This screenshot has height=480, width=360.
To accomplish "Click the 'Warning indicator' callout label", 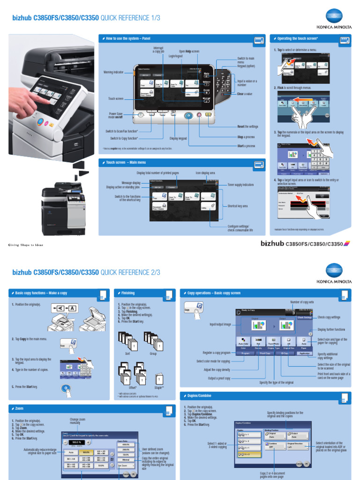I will (113, 72).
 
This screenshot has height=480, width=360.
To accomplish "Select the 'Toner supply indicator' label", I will (240, 185).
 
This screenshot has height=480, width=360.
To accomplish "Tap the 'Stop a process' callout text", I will (246, 137).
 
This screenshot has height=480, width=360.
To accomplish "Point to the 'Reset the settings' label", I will (247, 127).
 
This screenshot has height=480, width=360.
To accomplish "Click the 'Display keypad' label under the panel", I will (178, 138).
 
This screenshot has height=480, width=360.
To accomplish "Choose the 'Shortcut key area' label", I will (238, 206).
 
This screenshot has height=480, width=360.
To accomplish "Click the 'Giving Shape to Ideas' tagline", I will (26, 245).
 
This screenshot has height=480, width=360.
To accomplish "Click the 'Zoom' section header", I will (19, 409).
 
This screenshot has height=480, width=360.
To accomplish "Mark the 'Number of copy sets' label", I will (302, 302).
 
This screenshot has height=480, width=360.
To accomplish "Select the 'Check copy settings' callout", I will (329, 317).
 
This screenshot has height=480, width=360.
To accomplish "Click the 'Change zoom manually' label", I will (78, 421).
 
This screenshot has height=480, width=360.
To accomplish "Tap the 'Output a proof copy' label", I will (219, 378).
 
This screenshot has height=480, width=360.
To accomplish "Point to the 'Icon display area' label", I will (205, 173).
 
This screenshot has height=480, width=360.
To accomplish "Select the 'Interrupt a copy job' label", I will (159, 50).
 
